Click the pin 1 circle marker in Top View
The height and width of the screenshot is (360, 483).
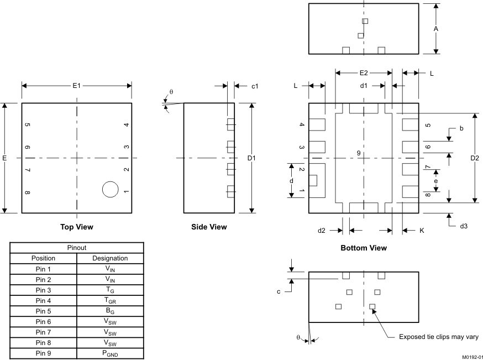coord(111,189)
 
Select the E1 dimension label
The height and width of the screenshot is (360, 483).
coord(77,86)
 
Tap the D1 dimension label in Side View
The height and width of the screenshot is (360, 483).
coord(252,158)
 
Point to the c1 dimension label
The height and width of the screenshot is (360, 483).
coord(255,86)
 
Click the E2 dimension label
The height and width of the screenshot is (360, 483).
coord(364,72)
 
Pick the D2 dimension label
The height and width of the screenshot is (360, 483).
coord(475,158)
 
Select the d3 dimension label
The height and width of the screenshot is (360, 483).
coord(463,226)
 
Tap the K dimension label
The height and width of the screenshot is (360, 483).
coord(422,231)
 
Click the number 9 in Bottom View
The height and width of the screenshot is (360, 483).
coord(359,153)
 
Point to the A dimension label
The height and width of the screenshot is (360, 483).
coord(436,28)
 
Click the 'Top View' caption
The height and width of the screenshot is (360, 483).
coord(77,227)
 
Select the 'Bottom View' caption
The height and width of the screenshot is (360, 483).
coord(364,248)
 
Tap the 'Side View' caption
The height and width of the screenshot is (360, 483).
coord(209,227)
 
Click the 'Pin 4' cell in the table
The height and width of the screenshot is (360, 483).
coord(43,301)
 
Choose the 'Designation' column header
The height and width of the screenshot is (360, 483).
coord(110,258)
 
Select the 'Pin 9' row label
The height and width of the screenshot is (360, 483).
coord(43,353)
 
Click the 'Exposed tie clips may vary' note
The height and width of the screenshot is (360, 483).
coord(439,337)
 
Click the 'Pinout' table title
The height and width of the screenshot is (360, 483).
coord(77,248)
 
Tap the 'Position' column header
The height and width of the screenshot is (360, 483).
coord(43,258)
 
